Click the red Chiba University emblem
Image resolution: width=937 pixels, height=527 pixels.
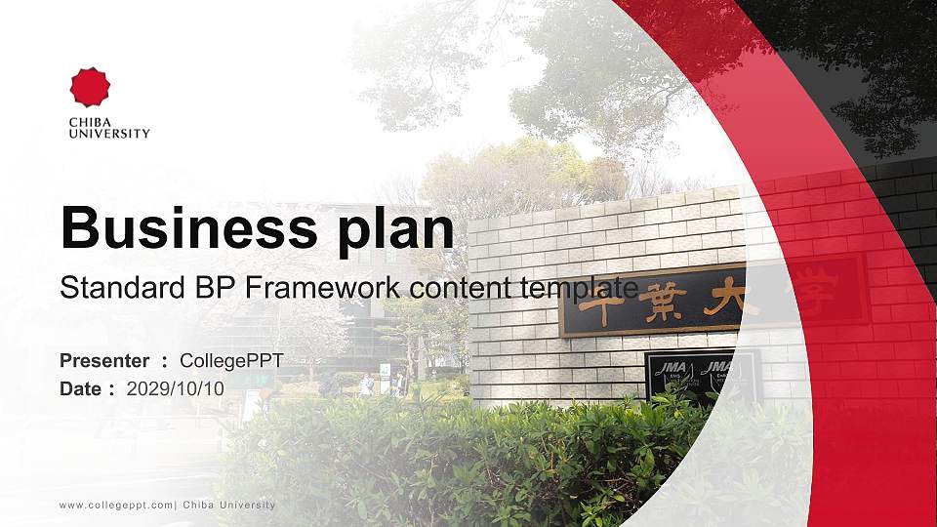pyautogui.click(x=90, y=88)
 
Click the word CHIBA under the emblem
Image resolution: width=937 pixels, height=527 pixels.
pyautogui.click(x=89, y=122)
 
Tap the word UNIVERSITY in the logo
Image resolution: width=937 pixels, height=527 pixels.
pyautogui.click(x=109, y=134)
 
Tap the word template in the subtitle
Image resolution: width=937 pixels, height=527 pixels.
pyautogui.click(x=580, y=288)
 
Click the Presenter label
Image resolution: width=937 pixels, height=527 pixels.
pyautogui.click(x=104, y=361)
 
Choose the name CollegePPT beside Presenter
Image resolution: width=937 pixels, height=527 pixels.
pyautogui.click(x=231, y=361)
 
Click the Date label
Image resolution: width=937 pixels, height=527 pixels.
pyautogui.click(x=81, y=388)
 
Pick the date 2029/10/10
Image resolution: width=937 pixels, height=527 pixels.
pyautogui.click(x=176, y=388)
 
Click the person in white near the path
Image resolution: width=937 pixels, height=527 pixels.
pyautogui.click(x=366, y=385)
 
